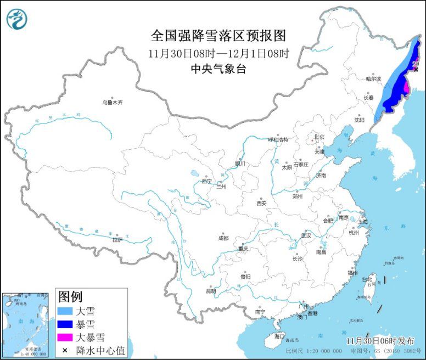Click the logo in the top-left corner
(17, 19)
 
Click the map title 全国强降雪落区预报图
(218, 36)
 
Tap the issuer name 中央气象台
(218, 69)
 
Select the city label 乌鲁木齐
(113, 102)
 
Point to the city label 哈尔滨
(373, 79)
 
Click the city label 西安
(261, 203)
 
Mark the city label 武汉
(306, 235)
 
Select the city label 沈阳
(359, 119)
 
